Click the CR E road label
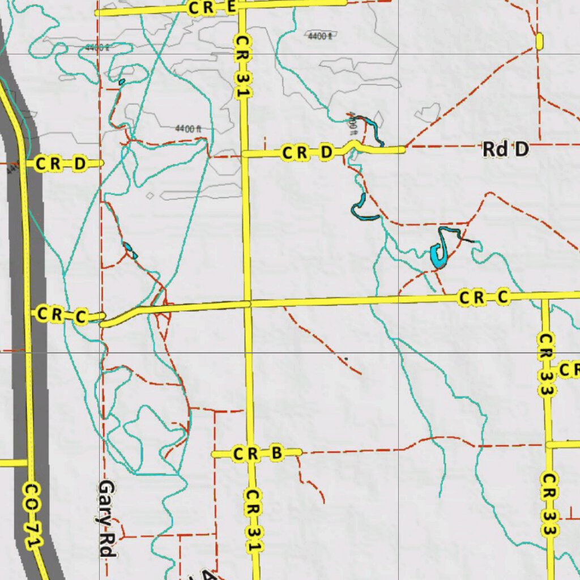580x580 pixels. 212,8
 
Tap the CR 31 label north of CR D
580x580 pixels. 243,66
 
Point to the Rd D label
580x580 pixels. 505,150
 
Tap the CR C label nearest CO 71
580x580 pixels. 62,315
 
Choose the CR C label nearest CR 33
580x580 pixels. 485,297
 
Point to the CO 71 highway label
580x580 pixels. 33,514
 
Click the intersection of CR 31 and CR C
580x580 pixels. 248,304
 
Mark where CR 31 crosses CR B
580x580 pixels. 251,453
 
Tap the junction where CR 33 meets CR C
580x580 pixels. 545,296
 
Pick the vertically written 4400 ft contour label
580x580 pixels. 353,121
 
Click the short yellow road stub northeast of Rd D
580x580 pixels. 539,41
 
